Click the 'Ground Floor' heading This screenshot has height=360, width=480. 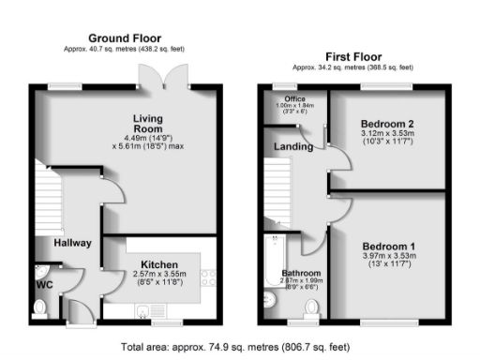125,37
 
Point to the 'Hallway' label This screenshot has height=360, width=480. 72,243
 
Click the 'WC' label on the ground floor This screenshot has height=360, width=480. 43,282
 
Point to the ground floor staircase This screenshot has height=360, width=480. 49,197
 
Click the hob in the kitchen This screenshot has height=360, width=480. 208,277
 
